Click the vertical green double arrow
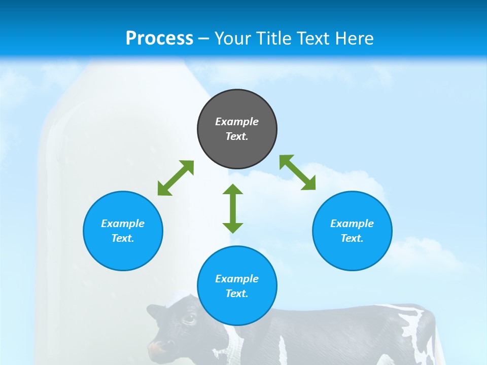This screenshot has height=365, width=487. pos(233,209)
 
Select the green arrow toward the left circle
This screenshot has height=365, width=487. pos(176,178)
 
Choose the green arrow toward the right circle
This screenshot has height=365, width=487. pos(298,172)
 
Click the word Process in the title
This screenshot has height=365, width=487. pos(159,38)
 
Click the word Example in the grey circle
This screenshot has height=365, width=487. pos(237,122)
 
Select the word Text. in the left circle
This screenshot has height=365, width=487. pos(123,238)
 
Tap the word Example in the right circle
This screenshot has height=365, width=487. pos(352,224)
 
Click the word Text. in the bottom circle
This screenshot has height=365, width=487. pos(237,294)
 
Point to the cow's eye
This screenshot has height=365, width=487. pos(189,319)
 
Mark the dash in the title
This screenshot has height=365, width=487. pos(204,38)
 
